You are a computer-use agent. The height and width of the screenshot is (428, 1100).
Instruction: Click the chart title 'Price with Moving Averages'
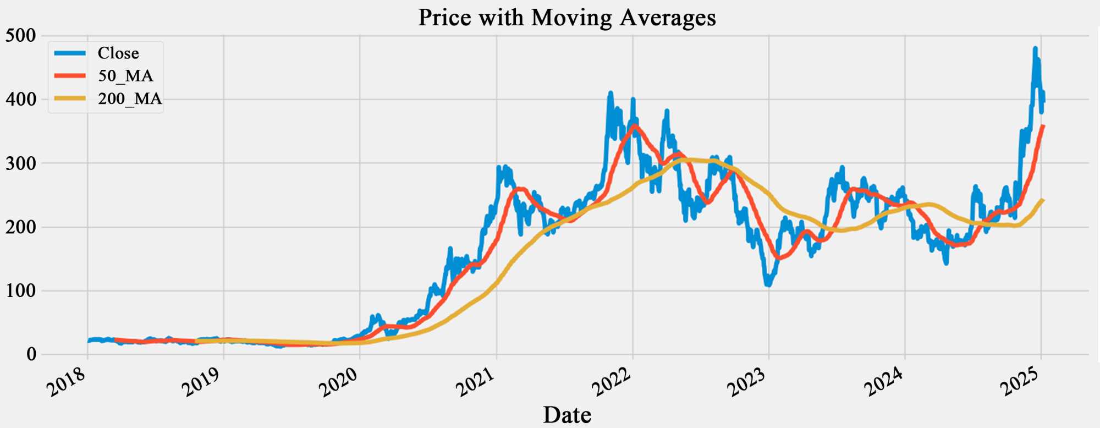pyautogui.click(x=567, y=18)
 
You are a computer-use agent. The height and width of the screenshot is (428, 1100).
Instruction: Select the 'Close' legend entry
pyautogui.click(x=118, y=53)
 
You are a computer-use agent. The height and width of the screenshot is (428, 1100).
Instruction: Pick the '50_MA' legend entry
pyautogui.click(x=125, y=76)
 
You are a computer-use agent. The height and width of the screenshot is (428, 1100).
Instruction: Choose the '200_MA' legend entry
pyautogui.click(x=130, y=99)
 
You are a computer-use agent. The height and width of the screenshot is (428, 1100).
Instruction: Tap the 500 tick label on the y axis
pyautogui.click(x=21, y=36)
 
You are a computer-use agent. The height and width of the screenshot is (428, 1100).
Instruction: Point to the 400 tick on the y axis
pyautogui.click(x=21, y=100)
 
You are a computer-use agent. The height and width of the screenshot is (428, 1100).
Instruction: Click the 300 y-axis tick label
pyautogui.click(x=21, y=163)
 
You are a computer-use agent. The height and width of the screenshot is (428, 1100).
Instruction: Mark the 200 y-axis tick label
pyautogui.click(x=21, y=227)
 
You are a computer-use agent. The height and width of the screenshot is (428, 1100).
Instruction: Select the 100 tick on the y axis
pyautogui.click(x=21, y=291)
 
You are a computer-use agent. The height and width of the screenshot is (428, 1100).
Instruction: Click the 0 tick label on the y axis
pyautogui.click(x=31, y=355)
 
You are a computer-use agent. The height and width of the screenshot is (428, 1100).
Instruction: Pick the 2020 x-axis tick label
pyautogui.click(x=339, y=381)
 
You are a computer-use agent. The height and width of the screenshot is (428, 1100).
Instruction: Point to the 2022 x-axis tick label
pyautogui.click(x=612, y=381)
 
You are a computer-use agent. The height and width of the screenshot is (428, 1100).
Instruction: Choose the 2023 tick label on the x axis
pyautogui.click(x=748, y=381)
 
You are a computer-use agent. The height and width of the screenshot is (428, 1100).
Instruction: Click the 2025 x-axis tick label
pyautogui.click(x=1021, y=381)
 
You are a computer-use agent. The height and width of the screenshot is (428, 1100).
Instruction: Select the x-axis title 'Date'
pyautogui.click(x=567, y=415)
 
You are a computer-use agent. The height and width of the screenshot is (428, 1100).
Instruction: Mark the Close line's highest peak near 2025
pyautogui.click(x=1035, y=48)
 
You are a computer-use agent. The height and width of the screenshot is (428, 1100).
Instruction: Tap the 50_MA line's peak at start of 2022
pyautogui.click(x=635, y=126)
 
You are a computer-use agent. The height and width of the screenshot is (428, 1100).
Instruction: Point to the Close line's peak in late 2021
pyautogui.click(x=609, y=93)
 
